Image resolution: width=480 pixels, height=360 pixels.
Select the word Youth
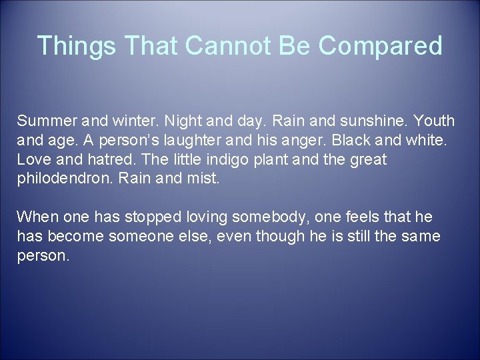coord(433,122)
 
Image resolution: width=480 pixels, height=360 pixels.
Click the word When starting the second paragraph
coord(37,217)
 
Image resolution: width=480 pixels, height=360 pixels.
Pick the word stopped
coord(150,217)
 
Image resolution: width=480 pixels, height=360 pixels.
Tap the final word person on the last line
coord(42,255)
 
